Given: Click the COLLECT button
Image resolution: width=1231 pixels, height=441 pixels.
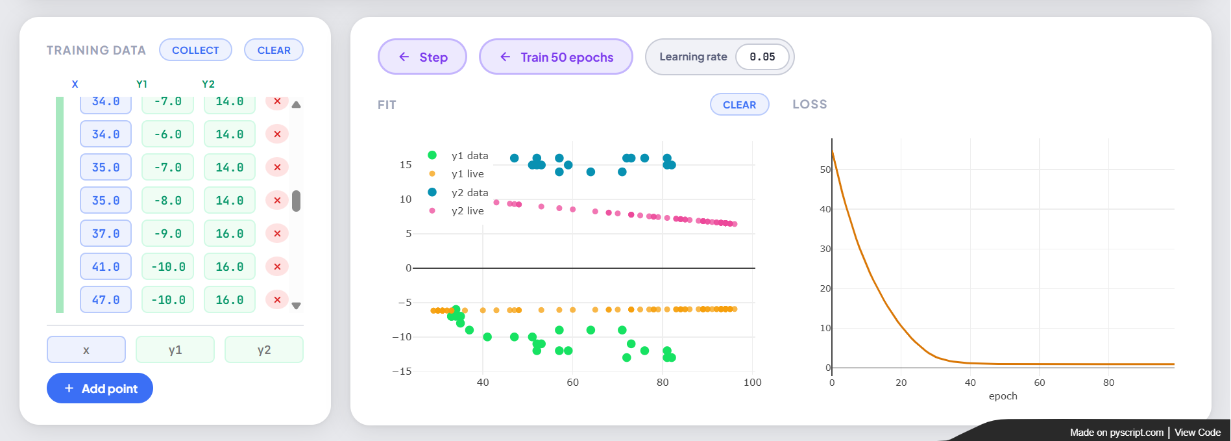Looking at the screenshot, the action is click(x=195, y=50).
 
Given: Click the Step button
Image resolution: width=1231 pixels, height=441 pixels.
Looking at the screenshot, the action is click(x=422, y=57).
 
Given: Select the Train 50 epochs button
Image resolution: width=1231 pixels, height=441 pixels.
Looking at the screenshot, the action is click(x=556, y=57).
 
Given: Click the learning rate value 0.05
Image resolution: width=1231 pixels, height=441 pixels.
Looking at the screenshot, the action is click(x=762, y=57).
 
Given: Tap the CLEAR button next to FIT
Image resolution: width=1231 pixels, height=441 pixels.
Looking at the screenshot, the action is click(x=740, y=105).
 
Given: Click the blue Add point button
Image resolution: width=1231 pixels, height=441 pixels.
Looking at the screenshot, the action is click(x=100, y=388).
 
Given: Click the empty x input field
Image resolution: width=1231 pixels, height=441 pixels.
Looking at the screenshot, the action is click(x=86, y=349).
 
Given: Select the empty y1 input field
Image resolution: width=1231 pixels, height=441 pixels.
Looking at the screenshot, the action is click(x=175, y=349).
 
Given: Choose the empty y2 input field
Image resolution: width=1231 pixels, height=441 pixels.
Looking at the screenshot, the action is click(x=264, y=349).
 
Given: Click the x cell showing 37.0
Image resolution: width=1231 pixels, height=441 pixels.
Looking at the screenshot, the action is click(x=106, y=234).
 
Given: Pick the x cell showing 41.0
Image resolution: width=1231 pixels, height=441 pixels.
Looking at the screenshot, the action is click(x=106, y=267).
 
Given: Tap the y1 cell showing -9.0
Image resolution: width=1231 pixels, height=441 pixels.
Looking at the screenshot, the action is click(x=167, y=234).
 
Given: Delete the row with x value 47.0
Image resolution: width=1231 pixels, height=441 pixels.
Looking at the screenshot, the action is click(x=277, y=300).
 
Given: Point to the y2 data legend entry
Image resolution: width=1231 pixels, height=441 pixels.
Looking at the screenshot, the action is click(x=459, y=193).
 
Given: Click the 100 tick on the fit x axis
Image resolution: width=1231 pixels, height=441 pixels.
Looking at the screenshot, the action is click(x=753, y=383).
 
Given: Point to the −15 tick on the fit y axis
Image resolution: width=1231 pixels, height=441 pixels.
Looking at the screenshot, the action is click(x=402, y=372).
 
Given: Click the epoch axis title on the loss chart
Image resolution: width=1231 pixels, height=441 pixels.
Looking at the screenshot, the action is click(x=1003, y=396).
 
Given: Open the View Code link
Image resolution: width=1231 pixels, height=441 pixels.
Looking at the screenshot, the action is click(x=1198, y=433).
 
